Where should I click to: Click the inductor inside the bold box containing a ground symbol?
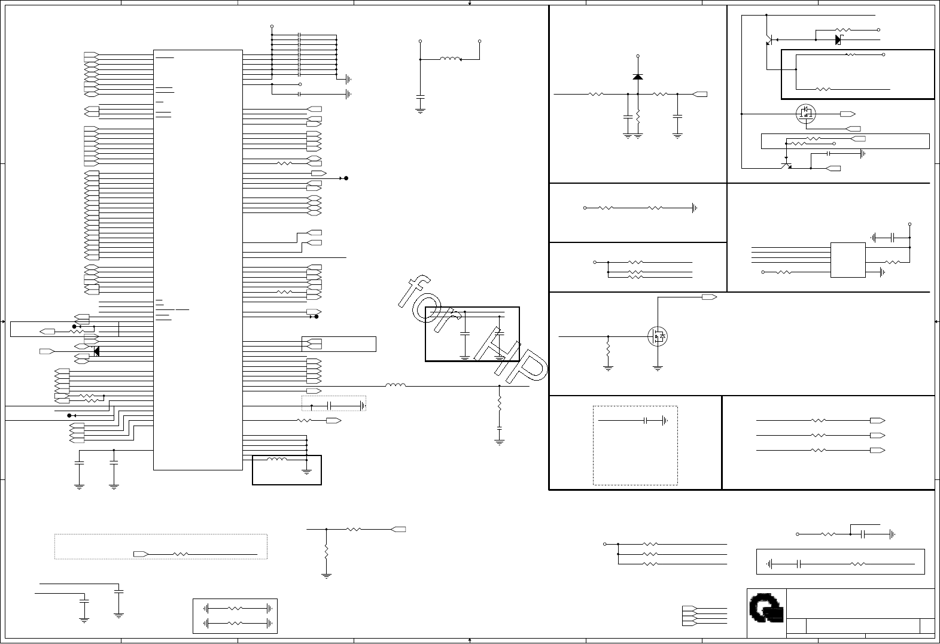coord(276,460)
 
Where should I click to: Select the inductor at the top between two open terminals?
coord(450,59)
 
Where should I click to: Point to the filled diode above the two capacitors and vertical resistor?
coord(638,77)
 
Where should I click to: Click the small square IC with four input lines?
coord(847,260)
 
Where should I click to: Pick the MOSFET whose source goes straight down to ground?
coord(658,336)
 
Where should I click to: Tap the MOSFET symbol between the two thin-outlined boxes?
coord(805,113)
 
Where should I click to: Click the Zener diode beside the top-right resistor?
coord(839,40)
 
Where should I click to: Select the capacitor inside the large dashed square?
coord(646,421)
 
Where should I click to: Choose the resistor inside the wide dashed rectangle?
coord(180,554)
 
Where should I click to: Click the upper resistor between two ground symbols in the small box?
coord(235,608)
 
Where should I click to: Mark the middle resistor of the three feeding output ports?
coord(818,435)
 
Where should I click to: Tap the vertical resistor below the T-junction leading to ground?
coord(326,551)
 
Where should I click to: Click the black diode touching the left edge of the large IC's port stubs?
coord(96,351)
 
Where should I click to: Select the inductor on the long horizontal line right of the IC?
coord(396,386)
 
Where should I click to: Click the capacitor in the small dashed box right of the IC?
coord(330,406)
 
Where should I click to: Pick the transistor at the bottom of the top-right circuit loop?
coord(786,163)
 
